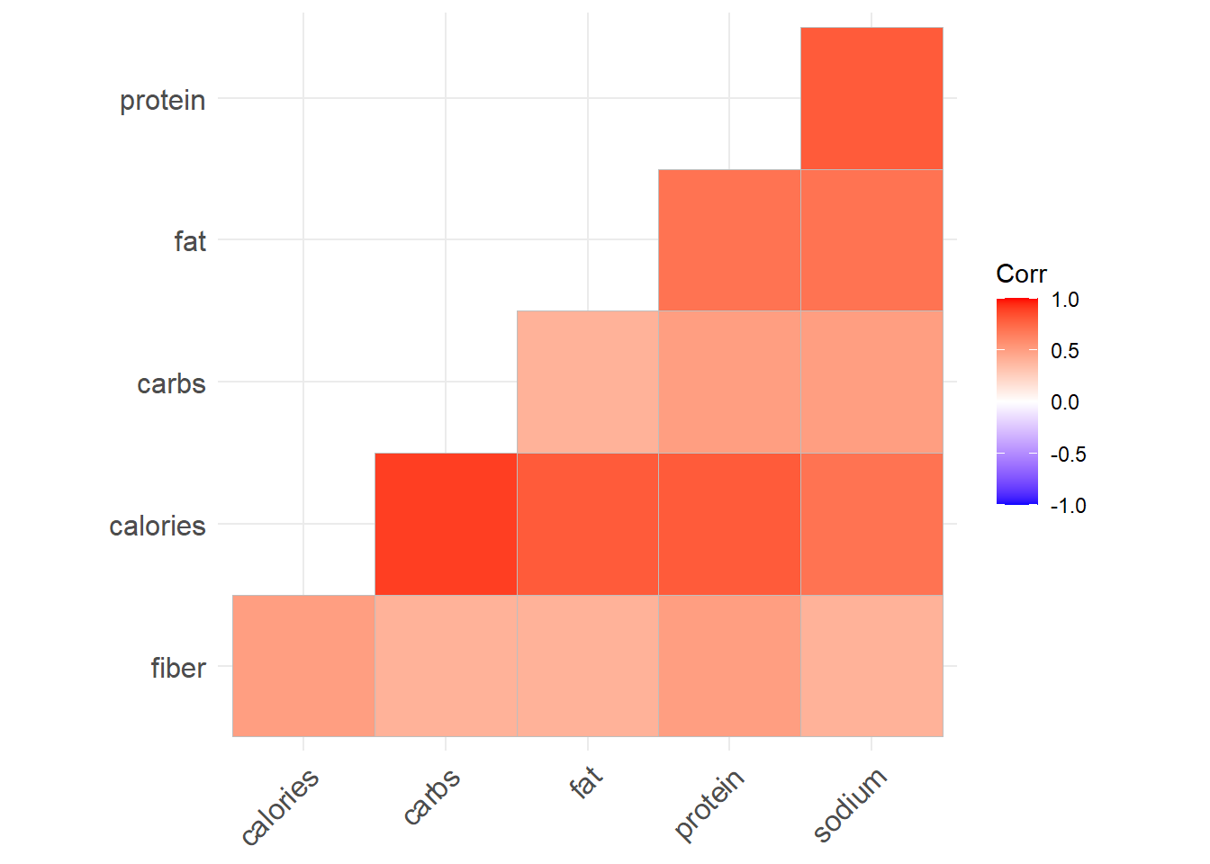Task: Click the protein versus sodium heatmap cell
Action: click(x=871, y=98)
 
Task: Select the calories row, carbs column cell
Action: click(x=446, y=524)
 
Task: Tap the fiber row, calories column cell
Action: click(x=303, y=666)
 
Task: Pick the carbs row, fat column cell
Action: click(x=588, y=382)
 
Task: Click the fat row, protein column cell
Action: click(x=729, y=240)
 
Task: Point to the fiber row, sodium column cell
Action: click(x=871, y=666)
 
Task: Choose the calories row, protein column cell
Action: click(x=729, y=524)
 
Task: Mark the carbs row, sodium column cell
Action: click(x=871, y=382)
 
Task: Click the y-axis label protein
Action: click(x=162, y=100)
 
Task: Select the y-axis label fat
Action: click(x=190, y=241)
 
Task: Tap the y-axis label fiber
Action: click(x=178, y=668)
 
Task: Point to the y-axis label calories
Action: click(x=158, y=526)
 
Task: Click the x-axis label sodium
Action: click(x=850, y=805)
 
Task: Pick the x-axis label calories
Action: click(x=280, y=807)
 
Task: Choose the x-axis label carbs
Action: click(x=432, y=796)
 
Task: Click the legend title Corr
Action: click(x=1021, y=274)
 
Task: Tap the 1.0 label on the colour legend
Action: click(x=1065, y=300)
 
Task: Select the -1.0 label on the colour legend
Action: click(x=1068, y=506)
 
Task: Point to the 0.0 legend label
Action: click(x=1065, y=402)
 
